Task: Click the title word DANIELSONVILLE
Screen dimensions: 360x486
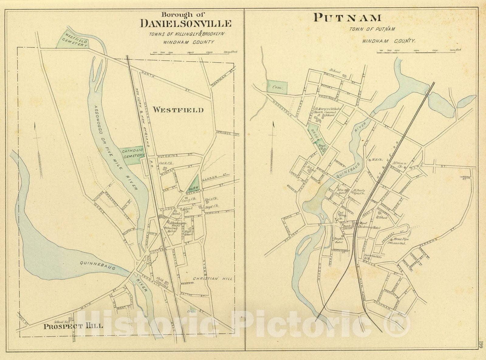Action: (x=186, y=24)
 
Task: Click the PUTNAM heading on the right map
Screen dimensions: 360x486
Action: (x=347, y=18)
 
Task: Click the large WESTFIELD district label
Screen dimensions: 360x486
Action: (x=178, y=110)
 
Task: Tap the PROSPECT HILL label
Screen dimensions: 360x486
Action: (x=73, y=326)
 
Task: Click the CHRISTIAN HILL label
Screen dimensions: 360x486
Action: (x=213, y=279)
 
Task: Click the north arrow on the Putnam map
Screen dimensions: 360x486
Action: (x=273, y=146)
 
